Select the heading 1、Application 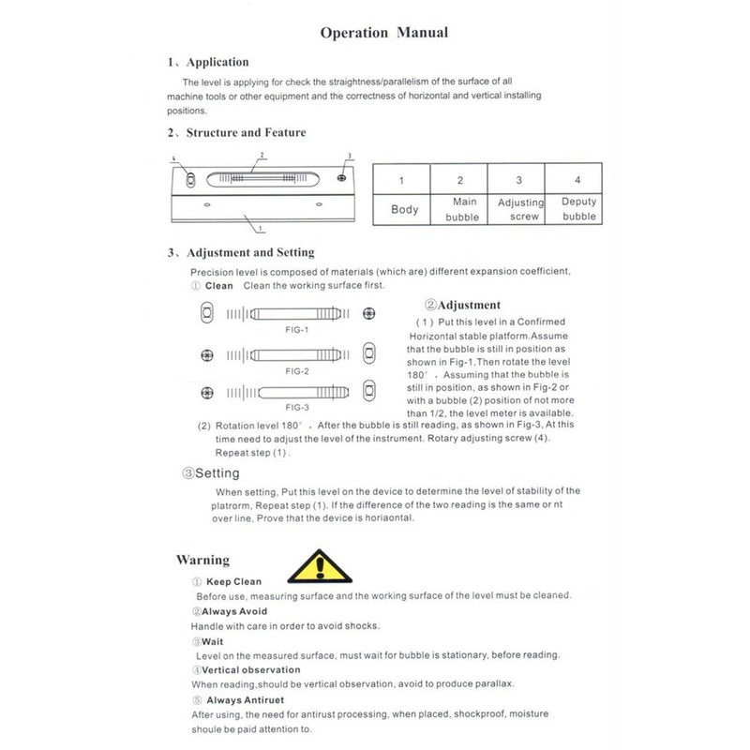[207, 63]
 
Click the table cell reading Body [404, 210]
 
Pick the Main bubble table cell [460, 209]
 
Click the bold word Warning [202, 561]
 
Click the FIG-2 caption [296, 371]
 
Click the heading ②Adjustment [462, 305]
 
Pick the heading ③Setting [213, 473]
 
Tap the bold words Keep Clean [233, 582]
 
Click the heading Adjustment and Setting [250, 253]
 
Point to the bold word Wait [208, 640]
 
